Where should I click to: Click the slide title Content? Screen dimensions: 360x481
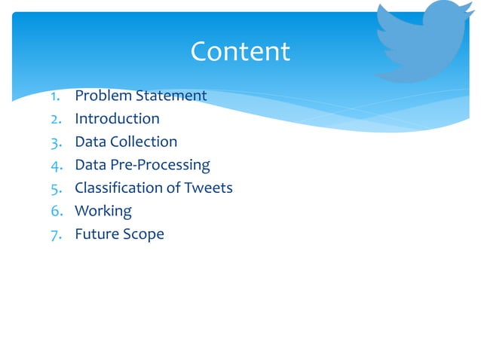(x=240, y=51)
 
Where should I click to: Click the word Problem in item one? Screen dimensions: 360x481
(x=103, y=96)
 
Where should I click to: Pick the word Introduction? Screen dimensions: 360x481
(x=117, y=118)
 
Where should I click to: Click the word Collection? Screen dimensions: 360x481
(x=143, y=142)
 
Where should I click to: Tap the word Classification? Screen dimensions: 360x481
(x=119, y=188)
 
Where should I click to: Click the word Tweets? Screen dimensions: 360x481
(x=209, y=188)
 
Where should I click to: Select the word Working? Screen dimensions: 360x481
(x=103, y=211)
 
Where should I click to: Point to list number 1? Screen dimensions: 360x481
(x=56, y=96)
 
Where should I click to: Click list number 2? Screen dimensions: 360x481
(x=56, y=118)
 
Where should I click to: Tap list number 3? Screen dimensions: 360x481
(x=56, y=142)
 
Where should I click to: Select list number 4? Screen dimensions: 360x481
(x=56, y=165)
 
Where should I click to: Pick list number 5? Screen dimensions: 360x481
(x=56, y=188)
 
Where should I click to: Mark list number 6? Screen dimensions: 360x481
(x=56, y=211)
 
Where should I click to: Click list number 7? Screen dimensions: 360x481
(x=56, y=233)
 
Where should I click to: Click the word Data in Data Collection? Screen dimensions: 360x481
(x=90, y=142)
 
